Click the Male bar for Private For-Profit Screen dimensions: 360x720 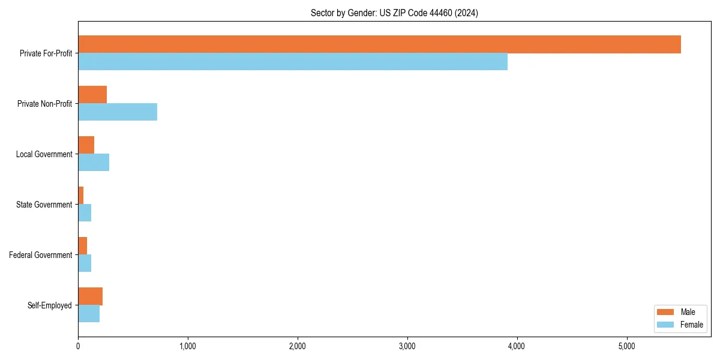click(x=379, y=44)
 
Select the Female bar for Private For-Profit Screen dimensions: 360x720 click(x=293, y=62)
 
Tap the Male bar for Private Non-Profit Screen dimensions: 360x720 click(x=92, y=95)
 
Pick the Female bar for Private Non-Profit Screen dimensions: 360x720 click(x=118, y=112)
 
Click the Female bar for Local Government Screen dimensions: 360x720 click(x=94, y=163)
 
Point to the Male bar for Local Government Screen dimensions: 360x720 click(x=86, y=145)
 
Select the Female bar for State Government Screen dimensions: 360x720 click(x=85, y=213)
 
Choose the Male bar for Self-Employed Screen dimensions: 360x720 click(x=90, y=296)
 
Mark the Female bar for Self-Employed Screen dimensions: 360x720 click(x=89, y=314)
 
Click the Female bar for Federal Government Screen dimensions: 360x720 click(x=85, y=263)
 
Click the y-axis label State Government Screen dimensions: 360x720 click(x=44, y=205)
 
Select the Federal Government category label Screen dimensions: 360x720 click(x=41, y=255)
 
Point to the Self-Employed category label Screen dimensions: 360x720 click(x=50, y=305)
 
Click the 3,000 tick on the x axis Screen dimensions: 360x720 click(x=407, y=346)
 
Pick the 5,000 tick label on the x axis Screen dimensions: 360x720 click(x=626, y=346)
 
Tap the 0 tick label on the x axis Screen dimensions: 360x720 click(x=78, y=346)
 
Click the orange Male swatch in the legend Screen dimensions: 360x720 click(x=666, y=312)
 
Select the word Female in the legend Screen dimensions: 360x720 click(x=692, y=325)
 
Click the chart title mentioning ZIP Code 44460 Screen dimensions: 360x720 click(x=394, y=13)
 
